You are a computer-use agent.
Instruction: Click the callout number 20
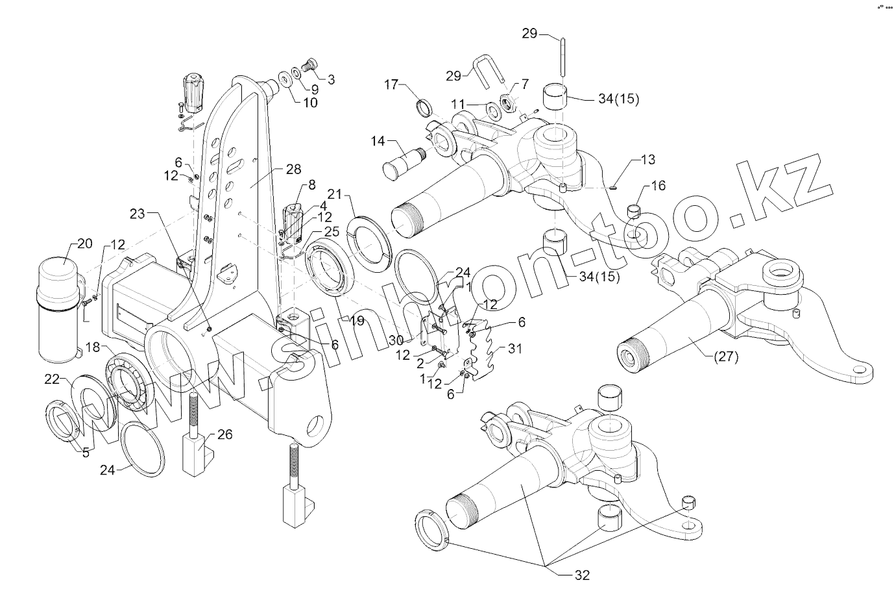[85, 244]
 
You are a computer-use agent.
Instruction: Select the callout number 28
[293, 169]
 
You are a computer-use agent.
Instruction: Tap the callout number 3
[331, 79]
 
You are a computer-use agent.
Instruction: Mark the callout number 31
[514, 349]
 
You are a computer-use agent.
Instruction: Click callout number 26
[224, 434]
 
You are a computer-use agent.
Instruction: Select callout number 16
[658, 186]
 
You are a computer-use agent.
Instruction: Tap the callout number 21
[334, 194]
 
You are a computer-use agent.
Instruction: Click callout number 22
[53, 379]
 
